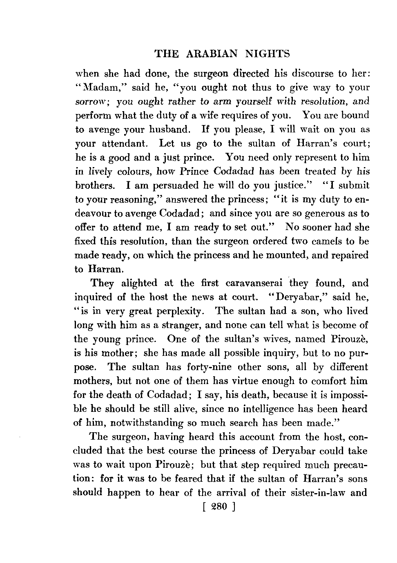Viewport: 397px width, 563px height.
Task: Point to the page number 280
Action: point(216,507)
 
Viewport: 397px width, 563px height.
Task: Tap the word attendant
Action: point(123,143)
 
